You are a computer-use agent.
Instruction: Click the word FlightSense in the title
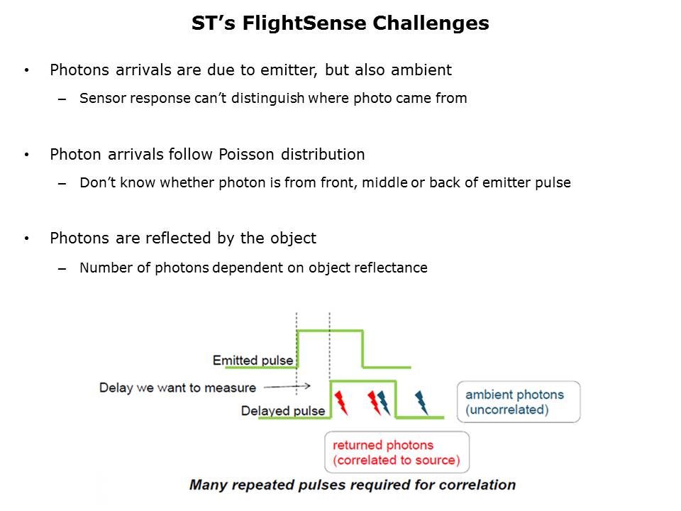click(x=305, y=23)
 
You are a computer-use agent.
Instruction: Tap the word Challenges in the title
click(x=431, y=23)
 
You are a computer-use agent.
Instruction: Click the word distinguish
click(x=267, y=99)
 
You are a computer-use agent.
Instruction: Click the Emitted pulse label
click(x=253, y=361)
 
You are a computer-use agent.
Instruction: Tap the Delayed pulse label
click(x=283, y=411)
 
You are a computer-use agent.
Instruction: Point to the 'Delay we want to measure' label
click(x=177, y=388)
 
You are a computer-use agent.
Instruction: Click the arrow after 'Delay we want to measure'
click(x=287, y=386)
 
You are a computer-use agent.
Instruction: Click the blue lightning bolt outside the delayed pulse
click(x=421, y=403)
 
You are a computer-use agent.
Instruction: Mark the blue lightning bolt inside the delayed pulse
click(x=384, y=403)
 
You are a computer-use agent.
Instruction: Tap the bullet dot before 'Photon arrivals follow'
click(x=27, y=155)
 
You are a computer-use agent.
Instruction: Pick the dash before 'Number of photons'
click(x=62, y=269)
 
